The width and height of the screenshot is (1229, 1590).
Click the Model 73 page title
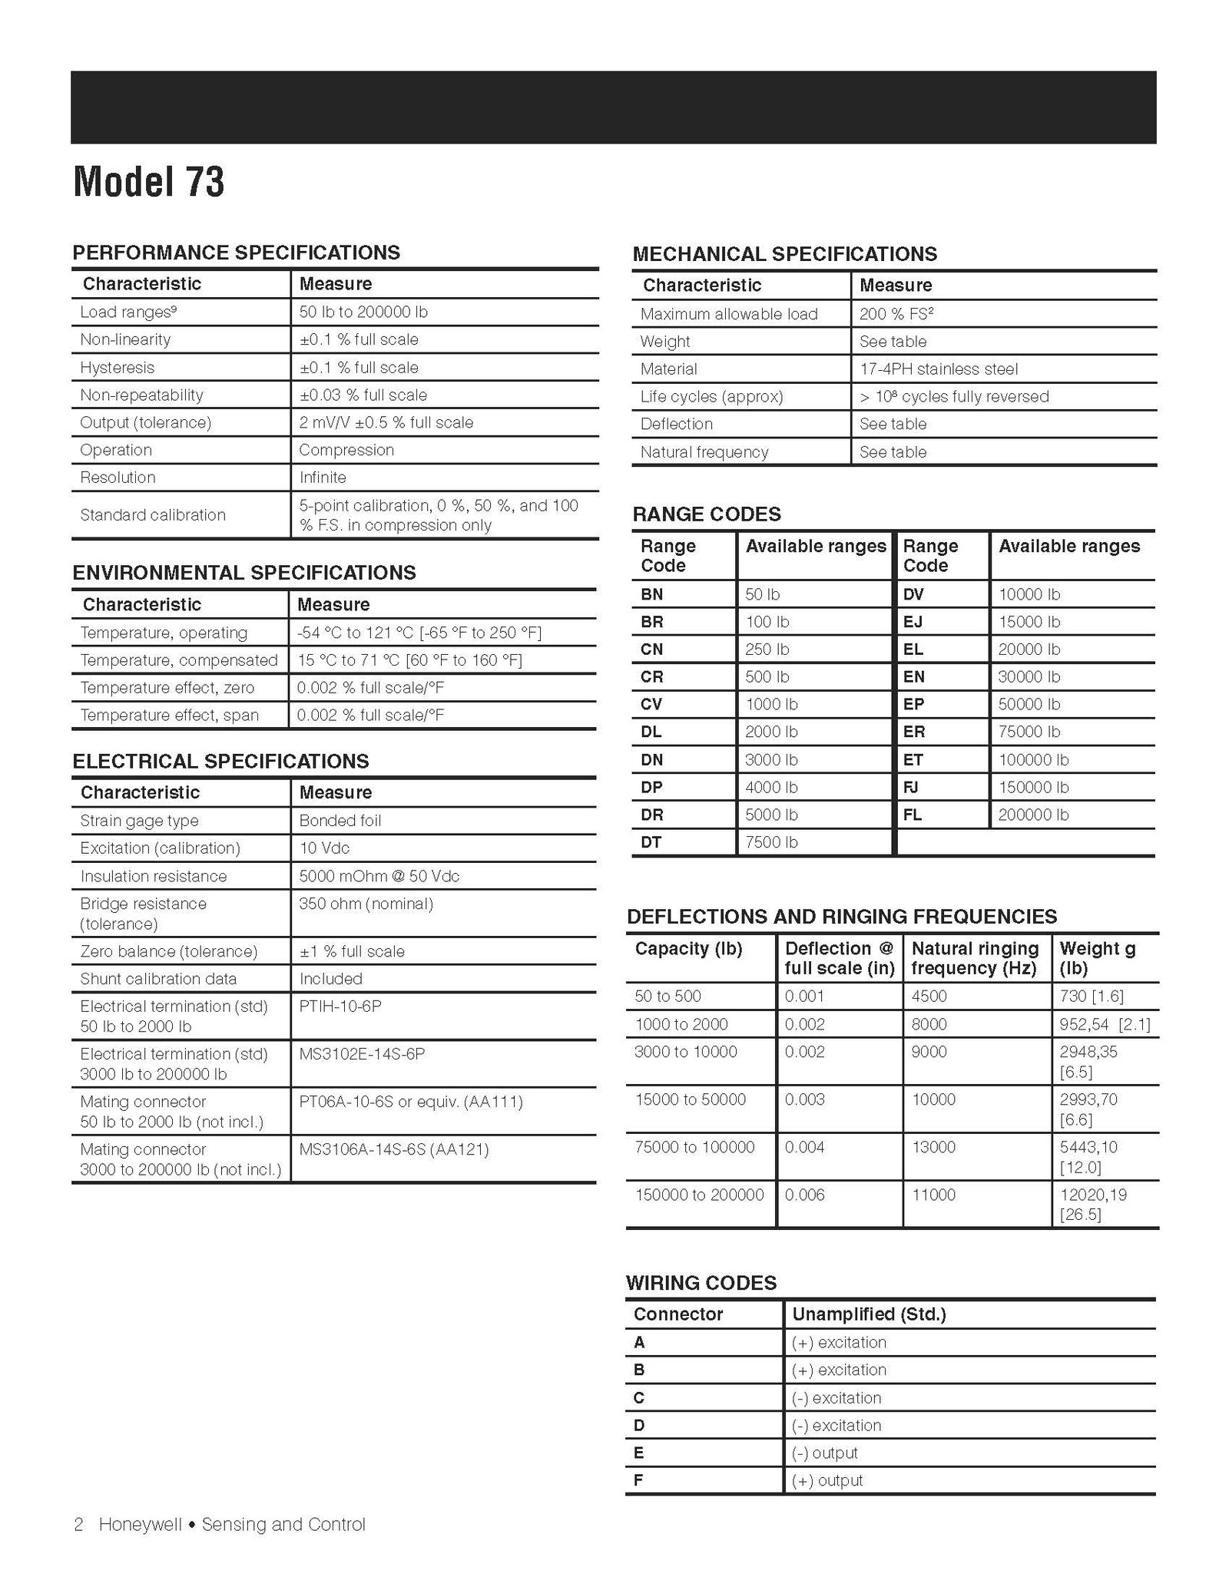149,183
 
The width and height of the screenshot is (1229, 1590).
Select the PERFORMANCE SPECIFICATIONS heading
236,253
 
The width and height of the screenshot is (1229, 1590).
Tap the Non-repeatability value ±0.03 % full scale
363,395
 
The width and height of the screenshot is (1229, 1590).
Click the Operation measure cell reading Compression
346,450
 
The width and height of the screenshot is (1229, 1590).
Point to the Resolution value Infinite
323,478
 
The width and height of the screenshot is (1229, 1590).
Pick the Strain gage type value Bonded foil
340,821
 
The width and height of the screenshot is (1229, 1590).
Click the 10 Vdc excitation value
324,848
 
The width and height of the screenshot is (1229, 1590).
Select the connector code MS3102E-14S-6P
362,1054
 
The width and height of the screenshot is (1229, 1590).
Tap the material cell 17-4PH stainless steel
939,369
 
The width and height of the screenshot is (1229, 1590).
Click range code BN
651,594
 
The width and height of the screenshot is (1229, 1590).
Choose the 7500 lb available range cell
771,842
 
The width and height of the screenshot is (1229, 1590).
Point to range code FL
913,815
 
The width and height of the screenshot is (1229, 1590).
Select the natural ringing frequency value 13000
933,1147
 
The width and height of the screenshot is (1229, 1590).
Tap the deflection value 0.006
804,1195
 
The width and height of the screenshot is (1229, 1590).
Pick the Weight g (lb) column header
1097,958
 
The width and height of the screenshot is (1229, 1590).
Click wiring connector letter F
638,1480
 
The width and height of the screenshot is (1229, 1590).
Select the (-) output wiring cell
824,1453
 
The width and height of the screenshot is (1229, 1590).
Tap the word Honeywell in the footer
141,1524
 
